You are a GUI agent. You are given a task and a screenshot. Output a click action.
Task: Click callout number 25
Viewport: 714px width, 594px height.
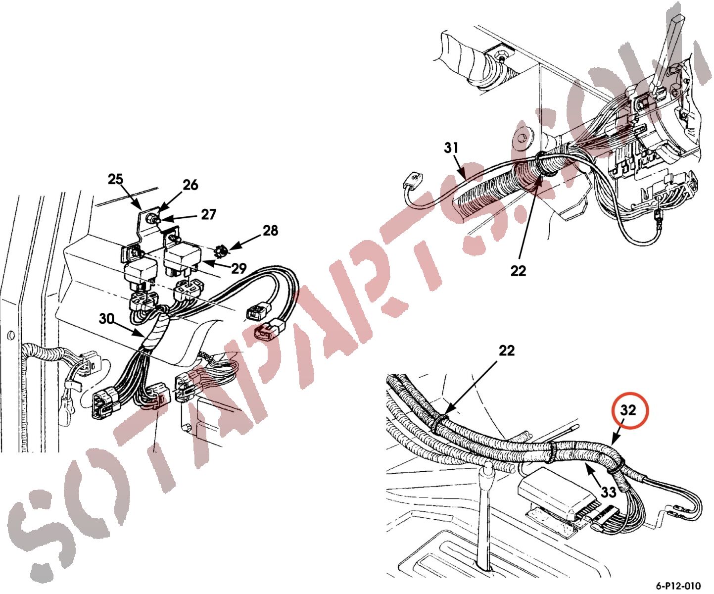(115, 179)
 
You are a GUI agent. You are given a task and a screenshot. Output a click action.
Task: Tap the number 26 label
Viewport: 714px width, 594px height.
(190, 185)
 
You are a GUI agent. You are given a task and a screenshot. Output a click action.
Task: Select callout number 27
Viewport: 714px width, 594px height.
(208, 214)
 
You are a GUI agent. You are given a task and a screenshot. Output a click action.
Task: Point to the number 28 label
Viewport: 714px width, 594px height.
(270, 230)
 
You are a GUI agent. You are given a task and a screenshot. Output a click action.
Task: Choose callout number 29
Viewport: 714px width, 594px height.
(238, 268)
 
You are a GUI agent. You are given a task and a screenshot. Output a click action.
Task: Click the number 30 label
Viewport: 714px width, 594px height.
(106, 319)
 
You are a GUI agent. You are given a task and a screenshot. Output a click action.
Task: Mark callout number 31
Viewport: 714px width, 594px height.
(451, 148)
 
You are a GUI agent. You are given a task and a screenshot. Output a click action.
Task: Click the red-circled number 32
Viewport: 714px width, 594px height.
(628, 410)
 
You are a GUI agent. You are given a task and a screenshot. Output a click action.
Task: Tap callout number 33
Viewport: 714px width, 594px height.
(609, 493)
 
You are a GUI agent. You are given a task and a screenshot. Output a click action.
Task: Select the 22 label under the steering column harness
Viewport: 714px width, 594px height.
(518, 271)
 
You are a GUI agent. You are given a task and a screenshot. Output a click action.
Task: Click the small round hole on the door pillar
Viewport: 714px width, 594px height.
(10, 334)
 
